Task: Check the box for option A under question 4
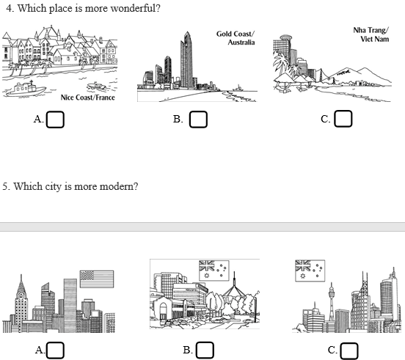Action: pos(55,120)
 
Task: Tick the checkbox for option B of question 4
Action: pos(198,120)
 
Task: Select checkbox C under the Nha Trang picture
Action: pos(343,119)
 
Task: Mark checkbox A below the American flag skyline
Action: pos(55,350)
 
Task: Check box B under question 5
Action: pos(205,350)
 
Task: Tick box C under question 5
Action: pos(349,350)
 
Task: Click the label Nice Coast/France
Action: pos(87,98)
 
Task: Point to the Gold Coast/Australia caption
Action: pos(236,38)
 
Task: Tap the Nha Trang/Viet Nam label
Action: pos(371,34)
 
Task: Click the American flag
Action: pos(97,279)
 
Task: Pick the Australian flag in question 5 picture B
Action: pos(214,271)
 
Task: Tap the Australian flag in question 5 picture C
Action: pos(310,271)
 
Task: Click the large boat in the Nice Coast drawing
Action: pos(26,89)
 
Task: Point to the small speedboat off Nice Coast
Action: pos(97,87)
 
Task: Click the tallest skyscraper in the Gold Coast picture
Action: pos(187,60)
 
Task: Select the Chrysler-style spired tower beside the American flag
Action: pos(21,304)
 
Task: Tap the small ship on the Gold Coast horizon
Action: pos(238,88)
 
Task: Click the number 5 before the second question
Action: pos(5,186)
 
